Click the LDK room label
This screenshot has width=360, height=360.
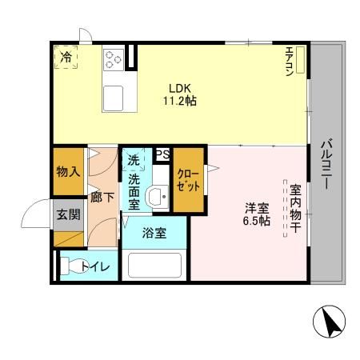180,88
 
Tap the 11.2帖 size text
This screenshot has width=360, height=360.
180,101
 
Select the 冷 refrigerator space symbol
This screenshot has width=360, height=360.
66,57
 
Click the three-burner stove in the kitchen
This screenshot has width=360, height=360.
114,60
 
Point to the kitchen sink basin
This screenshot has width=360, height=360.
114,98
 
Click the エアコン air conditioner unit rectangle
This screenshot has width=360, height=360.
300,60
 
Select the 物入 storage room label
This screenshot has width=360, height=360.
68,171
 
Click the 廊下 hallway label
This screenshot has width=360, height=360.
102,198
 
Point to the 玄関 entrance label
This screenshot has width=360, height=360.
69,214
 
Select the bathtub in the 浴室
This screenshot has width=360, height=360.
154,265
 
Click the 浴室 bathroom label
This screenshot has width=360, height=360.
154,233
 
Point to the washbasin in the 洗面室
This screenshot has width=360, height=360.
157,197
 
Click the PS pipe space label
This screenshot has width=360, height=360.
162,154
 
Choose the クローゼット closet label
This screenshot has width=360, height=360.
188,180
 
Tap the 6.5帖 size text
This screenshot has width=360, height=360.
257,221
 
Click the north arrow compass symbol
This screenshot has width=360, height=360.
329,322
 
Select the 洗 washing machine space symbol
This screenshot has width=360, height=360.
134,159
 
